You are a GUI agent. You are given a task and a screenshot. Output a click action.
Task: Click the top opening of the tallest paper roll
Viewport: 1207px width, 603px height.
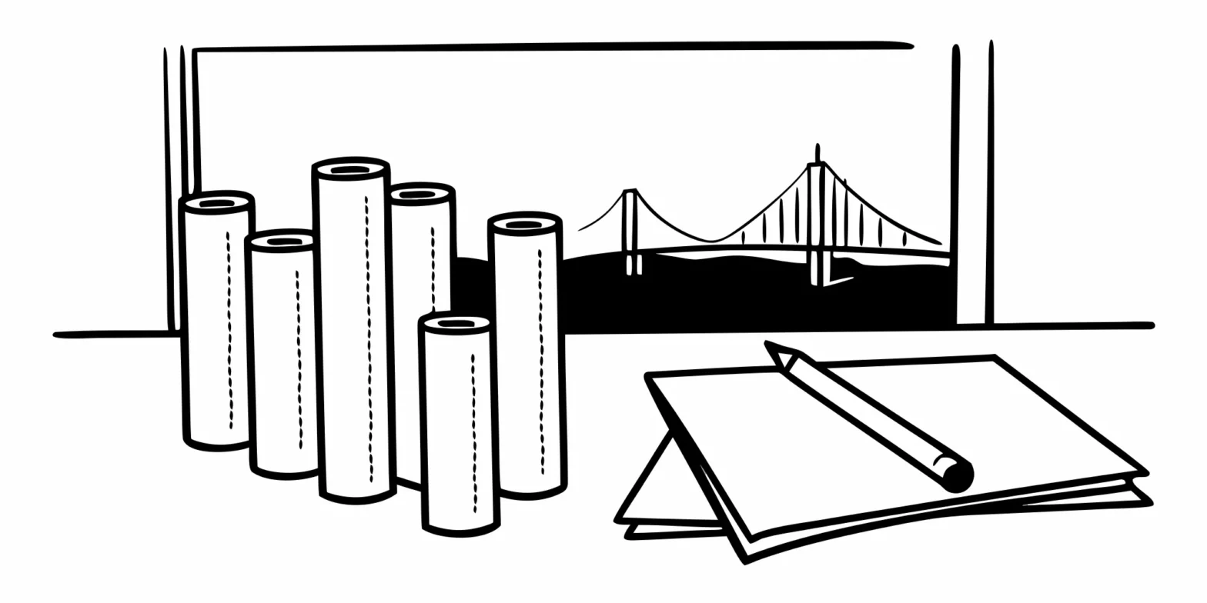tap(350, 169)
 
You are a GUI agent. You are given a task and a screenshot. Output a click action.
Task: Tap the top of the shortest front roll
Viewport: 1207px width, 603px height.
tap(456, 324)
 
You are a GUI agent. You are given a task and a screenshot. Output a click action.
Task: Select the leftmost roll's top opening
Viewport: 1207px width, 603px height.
tap(217, 203)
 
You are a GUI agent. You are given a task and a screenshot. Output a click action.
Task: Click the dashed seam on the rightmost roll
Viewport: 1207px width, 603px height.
tap(540, 361)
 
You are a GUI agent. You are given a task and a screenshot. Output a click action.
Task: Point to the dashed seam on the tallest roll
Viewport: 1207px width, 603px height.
tap(368, 338)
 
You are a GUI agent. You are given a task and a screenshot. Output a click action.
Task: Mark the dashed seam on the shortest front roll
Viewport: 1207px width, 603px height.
tap(474, 431)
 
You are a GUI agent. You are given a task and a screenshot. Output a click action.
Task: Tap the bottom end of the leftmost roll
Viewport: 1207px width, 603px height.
tap(218, 444)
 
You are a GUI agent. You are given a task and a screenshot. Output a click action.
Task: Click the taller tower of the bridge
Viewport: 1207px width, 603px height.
tap(817, 223)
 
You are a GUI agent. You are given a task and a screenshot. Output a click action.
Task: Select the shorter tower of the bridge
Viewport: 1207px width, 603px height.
tap(630, 231)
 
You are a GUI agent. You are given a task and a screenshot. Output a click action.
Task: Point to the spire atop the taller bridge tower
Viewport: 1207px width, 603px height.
tap(817, 152)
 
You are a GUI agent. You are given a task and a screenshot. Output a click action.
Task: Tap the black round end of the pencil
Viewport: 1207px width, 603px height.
tap(958, 478)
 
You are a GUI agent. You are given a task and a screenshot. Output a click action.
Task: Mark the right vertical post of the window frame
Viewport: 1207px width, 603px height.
tap(975, 185)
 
